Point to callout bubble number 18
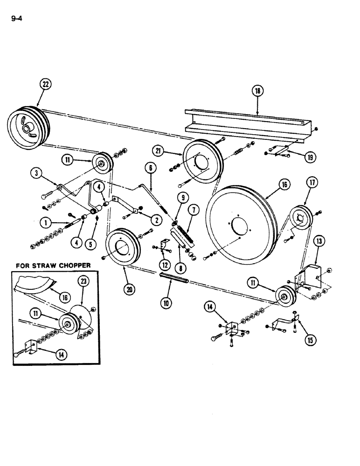click(x=257, y=91)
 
